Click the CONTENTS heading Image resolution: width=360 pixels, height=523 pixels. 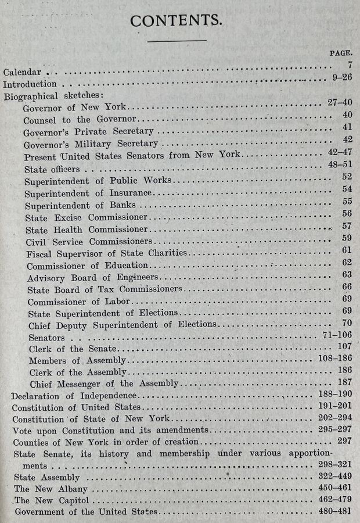[175, 20]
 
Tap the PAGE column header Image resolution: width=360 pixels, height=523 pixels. [341, 53]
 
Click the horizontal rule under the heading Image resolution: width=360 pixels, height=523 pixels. [177, 41]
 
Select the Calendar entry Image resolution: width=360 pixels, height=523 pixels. [22, 73]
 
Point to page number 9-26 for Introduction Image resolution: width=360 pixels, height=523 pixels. [340, 77]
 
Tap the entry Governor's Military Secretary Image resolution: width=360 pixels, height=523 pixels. [91, 144]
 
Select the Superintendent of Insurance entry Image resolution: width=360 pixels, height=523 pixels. [89, 193]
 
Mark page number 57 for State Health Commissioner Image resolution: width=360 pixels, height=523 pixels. [347, 226]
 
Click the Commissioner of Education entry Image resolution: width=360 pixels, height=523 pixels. [87, 266]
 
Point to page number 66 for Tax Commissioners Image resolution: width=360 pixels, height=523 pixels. [347, 286]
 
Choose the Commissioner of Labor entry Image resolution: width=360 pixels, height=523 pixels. [79, 302]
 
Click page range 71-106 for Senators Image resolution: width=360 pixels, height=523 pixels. [337, 336]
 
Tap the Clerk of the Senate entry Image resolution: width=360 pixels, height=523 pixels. [73, 349]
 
